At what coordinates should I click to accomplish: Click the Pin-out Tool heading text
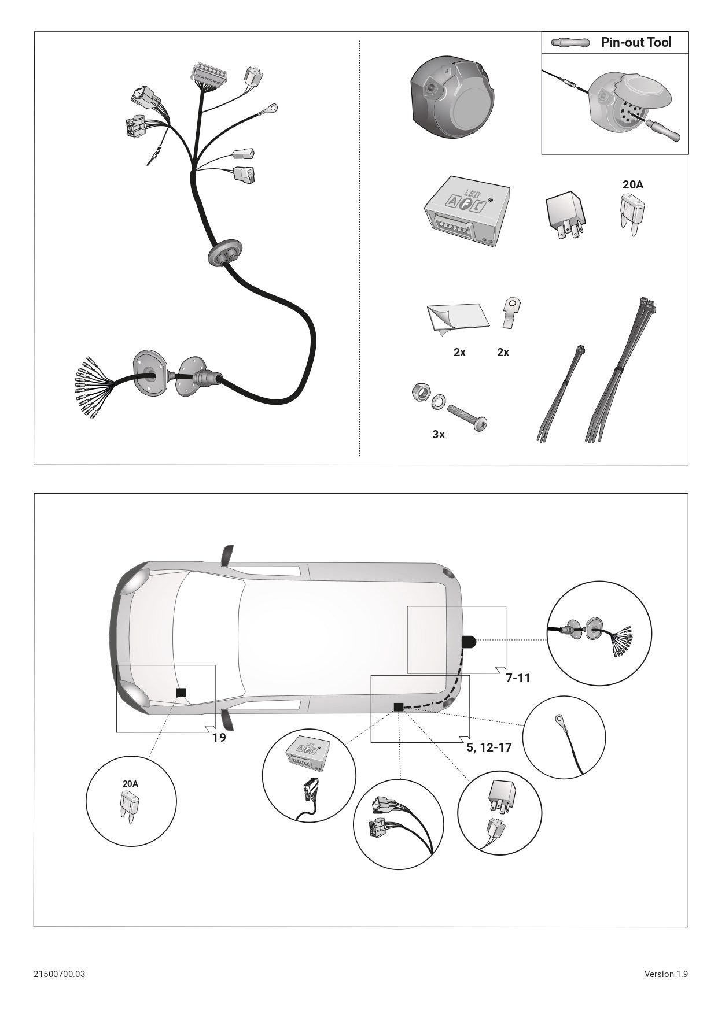(636, 42)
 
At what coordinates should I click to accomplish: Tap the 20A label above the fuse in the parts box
(632, 185)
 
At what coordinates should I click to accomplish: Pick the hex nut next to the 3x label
(419, 393)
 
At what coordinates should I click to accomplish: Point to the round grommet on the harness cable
(221, 255)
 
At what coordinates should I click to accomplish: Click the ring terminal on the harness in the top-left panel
(270, 108)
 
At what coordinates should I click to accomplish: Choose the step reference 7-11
(518, 678)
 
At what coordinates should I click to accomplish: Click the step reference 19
(219, 738)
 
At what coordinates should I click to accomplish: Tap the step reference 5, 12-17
(489, 747)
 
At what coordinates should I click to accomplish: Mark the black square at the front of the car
(182, 693)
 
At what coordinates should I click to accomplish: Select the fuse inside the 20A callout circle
(130, 804)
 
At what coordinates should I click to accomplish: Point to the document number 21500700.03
(59, 974)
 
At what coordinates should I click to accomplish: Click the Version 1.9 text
(666, 974)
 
